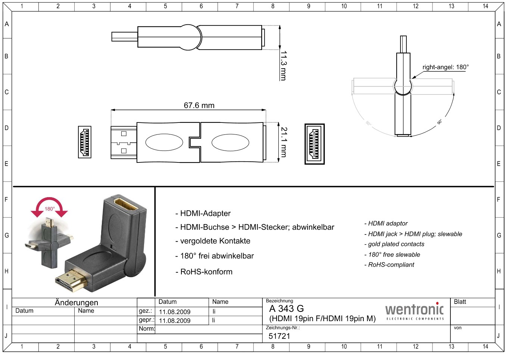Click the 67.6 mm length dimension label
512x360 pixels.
pyautogui.click(x=199, y=105)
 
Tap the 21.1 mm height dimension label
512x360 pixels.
pyautogui.click(x=284, y=142)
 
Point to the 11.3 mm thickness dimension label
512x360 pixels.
pyautogui.click(x=284, y=66)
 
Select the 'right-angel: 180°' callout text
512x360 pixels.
pyautogui.click(x=446, y=67)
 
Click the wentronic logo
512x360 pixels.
pyautogui.click(x=414, y=311)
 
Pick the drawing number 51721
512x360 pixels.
pyautogui.click(x=279, y=336)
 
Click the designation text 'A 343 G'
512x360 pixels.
pyautogui.click(x=286, y=309)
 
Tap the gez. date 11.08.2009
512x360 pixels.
pyautogui.click(x=175, y=312)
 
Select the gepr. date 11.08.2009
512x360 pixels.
pyautogui.click(x=175, y=321)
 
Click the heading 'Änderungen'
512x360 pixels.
pyautogui.click(x=77, y=302)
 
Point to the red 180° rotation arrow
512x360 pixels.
pyautogui.click(x=49, y=206)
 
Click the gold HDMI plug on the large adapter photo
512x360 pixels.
pyautogui.click(x=71, y=280)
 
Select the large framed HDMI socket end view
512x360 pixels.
pyautogui.click(x=315, y=144)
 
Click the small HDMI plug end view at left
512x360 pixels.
pyautogui.click(x=85, y=142)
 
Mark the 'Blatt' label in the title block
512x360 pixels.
pyautogui.click(x=460, y=302)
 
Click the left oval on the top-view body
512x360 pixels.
pyautogui.click(x=164, y=142)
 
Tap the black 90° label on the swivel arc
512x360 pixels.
pyautogui.click(x=439, y=122)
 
